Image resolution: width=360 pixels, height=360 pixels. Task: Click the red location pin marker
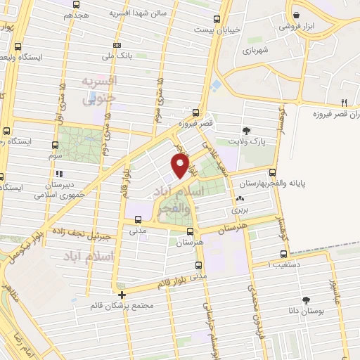(181, 166)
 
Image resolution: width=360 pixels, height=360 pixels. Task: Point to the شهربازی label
(257, 51)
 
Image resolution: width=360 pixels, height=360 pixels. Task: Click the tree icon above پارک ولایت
(246, 130)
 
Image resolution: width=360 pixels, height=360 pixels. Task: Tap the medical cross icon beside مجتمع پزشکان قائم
(122, 295)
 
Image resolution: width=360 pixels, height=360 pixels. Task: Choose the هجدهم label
(76, 14)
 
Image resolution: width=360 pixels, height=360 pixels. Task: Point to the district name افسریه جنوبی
(98, 90)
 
